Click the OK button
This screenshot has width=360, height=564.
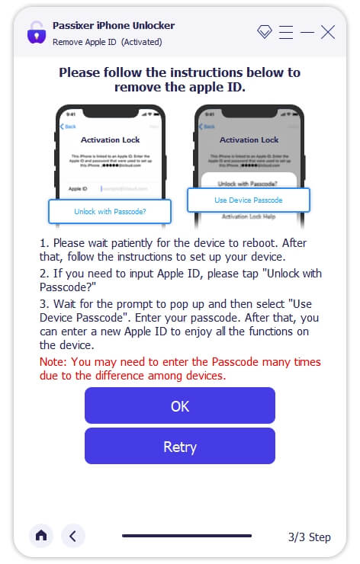pyautogui.click(x=179, y=405)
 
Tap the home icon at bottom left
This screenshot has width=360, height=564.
pyautogui.click(x=41, y=536)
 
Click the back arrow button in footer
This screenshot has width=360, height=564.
pyautogui.click(x=72, y=536)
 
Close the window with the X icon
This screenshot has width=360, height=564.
pyautogui.click(x=328, y=32)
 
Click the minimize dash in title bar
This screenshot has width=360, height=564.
pyautogui.click(x=307, y=32)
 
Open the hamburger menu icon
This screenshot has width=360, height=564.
pyautogui.click(x=286, y=32)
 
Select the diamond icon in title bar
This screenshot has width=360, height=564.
pyautogui.click(x=265, y=32)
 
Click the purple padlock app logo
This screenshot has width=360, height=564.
pyautogui.click(x=36, y=33)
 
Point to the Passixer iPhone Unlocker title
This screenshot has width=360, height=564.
pyautogui.click(x=113, y=25)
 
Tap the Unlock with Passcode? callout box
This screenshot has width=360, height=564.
pyautogui.click(x=111, y=211)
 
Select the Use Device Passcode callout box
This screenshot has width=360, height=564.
pyautogui.click(x=248, y=200)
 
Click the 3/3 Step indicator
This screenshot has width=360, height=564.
pyautogui.click(x=309, y=537)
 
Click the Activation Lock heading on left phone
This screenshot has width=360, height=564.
pyautogui.click(x=111, y=140)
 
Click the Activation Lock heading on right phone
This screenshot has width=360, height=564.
pyautogui.click(x=249, y=140)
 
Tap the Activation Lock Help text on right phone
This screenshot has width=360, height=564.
pyautogui.click(x=249, y=216)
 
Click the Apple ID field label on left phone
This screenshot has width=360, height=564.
pyautogui.click(x=78, y=187)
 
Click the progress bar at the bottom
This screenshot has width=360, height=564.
pyautogui.click(x=187, y=536)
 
